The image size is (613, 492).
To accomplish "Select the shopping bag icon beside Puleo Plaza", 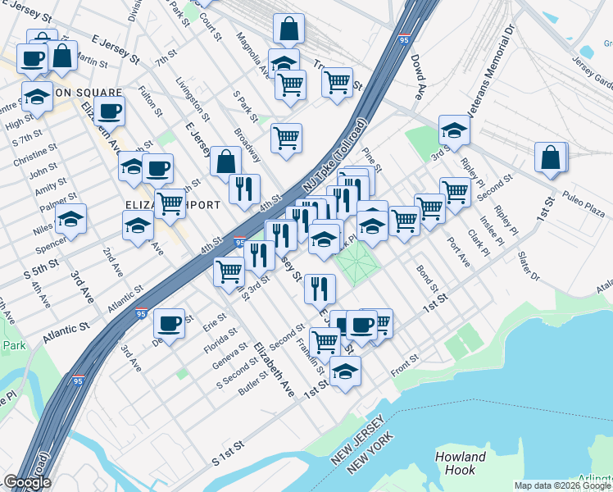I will coord(551,157).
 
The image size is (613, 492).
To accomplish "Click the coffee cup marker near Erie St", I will coord(169,323).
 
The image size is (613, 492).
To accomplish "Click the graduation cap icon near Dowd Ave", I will coord(454,130).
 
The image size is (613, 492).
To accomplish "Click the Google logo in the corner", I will coord(26,482).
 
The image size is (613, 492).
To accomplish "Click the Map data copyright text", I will coord(562,485).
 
